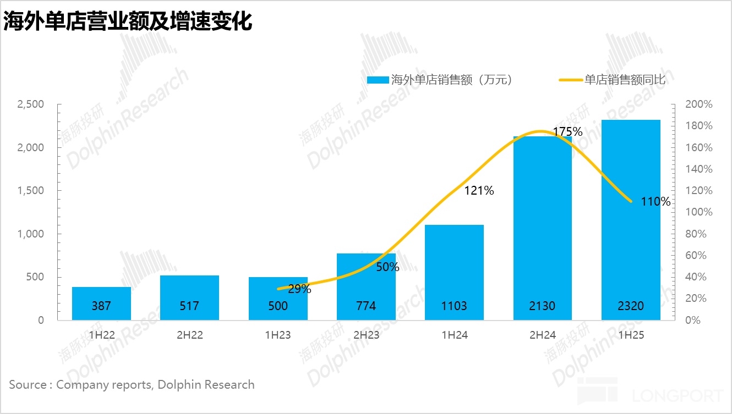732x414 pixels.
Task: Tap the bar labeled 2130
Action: pyautogui.click(x=542, y=231)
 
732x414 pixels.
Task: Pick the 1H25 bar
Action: pyautogui.click(x=631, y=220)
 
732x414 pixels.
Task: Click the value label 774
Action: pyautogui.click(x=366, y=306)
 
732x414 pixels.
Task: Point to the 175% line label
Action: pyautogui.click(x=567, y=132)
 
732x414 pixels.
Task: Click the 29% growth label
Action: pyautogui.click(x=299, y=289)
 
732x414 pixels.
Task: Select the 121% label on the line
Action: pyautogui.click(x=479, y=191)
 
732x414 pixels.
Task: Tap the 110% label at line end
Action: pyautogui.click(x=656, y=202)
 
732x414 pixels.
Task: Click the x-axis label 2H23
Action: pyautogui.click(x=366, y=335)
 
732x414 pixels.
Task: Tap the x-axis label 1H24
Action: pyautogui.click(x=454, y=335)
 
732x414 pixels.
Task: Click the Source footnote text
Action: pyautogui.click(x=132, y=384)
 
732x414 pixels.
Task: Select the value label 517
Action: pyautogui.click(x=189, y=306)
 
